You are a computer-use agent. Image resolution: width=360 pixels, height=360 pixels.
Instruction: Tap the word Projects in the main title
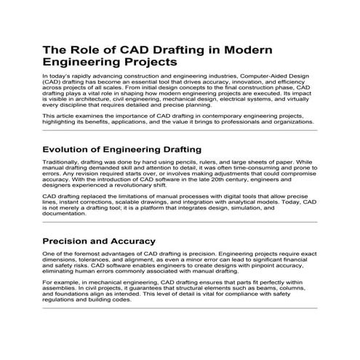pyautogui.click(x=144, y=63)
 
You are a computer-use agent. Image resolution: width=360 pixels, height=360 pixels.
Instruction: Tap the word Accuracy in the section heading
pyautogui.click(x=131, y=241)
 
